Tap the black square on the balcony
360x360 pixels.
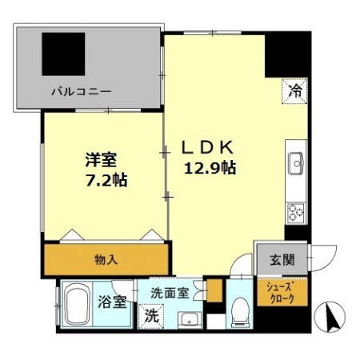point(63,54)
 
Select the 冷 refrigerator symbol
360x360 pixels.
point(295,93)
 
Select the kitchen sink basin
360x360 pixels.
point(297,164)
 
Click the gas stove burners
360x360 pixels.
point(296,212)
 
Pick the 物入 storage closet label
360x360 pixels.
point(106,258)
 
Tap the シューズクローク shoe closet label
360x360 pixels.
point(281,294)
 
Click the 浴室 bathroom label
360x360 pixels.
point(113,302)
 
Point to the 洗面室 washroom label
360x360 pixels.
point(170,292)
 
